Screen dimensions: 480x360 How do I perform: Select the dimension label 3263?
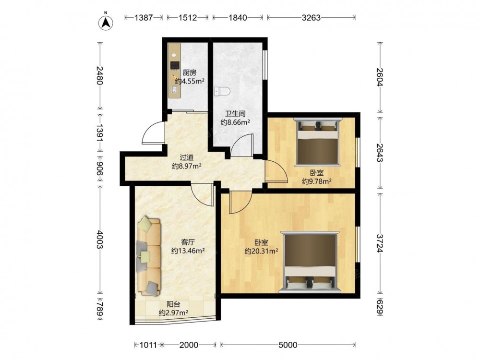tap(311, 18)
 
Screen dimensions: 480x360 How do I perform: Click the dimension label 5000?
tap(288, 345)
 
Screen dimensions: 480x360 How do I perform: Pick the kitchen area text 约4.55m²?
tap(190, 82)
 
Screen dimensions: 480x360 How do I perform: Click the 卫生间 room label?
tap(235, 114)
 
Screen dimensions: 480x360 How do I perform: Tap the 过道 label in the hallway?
tap(186, 157)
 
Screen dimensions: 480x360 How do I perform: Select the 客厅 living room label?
tap(188, 242)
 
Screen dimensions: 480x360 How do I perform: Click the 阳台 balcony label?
tap(173, 304)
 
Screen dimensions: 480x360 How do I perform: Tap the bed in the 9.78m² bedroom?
tap(317, 142)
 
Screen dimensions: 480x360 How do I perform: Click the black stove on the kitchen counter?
tap(175, 65)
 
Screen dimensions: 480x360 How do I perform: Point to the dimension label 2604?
tap(380, 76)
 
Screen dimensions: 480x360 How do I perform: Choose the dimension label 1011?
tap(148, 345)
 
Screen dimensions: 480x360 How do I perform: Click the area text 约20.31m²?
tap(261, 252)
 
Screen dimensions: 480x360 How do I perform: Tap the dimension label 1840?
tap(238, 18)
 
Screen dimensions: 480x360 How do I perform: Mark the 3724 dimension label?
tap(380, 243)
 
